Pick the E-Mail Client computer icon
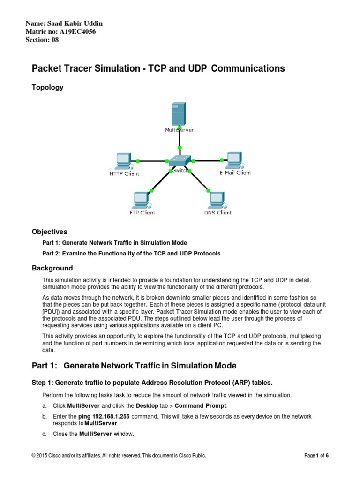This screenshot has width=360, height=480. (x=233, y=159)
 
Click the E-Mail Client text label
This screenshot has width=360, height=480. (x=235, y=172)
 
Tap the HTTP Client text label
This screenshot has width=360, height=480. (x=124, y=173)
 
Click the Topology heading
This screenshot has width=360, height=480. (x=47, y=87)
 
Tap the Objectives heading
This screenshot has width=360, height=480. (x=49, y=232)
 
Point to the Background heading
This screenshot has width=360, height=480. (x=52, y=268)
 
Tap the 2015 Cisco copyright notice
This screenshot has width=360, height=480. (x=117, y=455)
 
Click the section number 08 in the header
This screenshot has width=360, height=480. (x=55, y=40)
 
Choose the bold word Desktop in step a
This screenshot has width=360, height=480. (x=148, y=405)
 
